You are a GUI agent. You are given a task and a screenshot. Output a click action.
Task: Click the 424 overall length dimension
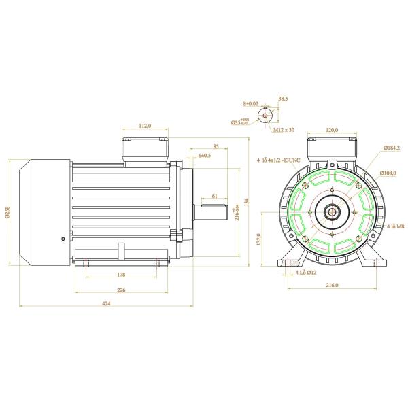pos(107,303)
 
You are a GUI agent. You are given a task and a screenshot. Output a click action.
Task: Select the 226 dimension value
pos(121,290)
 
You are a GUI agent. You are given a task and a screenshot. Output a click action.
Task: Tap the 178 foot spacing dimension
pos(121,275)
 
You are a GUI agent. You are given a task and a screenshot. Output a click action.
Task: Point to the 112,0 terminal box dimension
pos(143,126)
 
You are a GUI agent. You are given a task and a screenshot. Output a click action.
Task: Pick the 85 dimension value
pos(215,146)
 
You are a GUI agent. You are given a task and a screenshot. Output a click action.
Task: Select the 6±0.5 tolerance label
pos(204,156)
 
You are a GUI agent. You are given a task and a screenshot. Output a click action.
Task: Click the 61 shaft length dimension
pos(214,196)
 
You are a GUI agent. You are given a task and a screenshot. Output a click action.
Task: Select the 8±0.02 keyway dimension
pos(251,103)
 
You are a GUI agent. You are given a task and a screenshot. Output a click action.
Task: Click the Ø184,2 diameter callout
pos(390,147)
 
